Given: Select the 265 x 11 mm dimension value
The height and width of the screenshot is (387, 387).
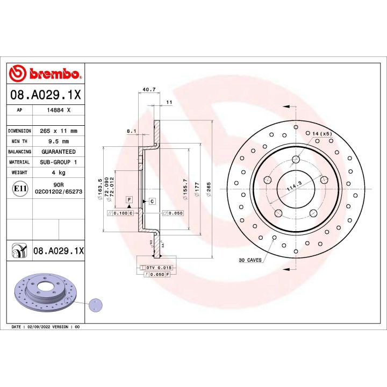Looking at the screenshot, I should (59, 131).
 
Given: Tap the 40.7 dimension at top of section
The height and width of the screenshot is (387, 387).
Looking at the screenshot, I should (149, 90).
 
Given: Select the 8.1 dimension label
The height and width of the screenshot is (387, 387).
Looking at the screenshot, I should (131, 131).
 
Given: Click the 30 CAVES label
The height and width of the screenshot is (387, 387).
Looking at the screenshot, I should (250, 260).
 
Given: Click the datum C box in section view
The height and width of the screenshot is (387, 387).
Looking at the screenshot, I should (152, 201).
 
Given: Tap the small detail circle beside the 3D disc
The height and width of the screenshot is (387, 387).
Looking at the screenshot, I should (96, 305).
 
